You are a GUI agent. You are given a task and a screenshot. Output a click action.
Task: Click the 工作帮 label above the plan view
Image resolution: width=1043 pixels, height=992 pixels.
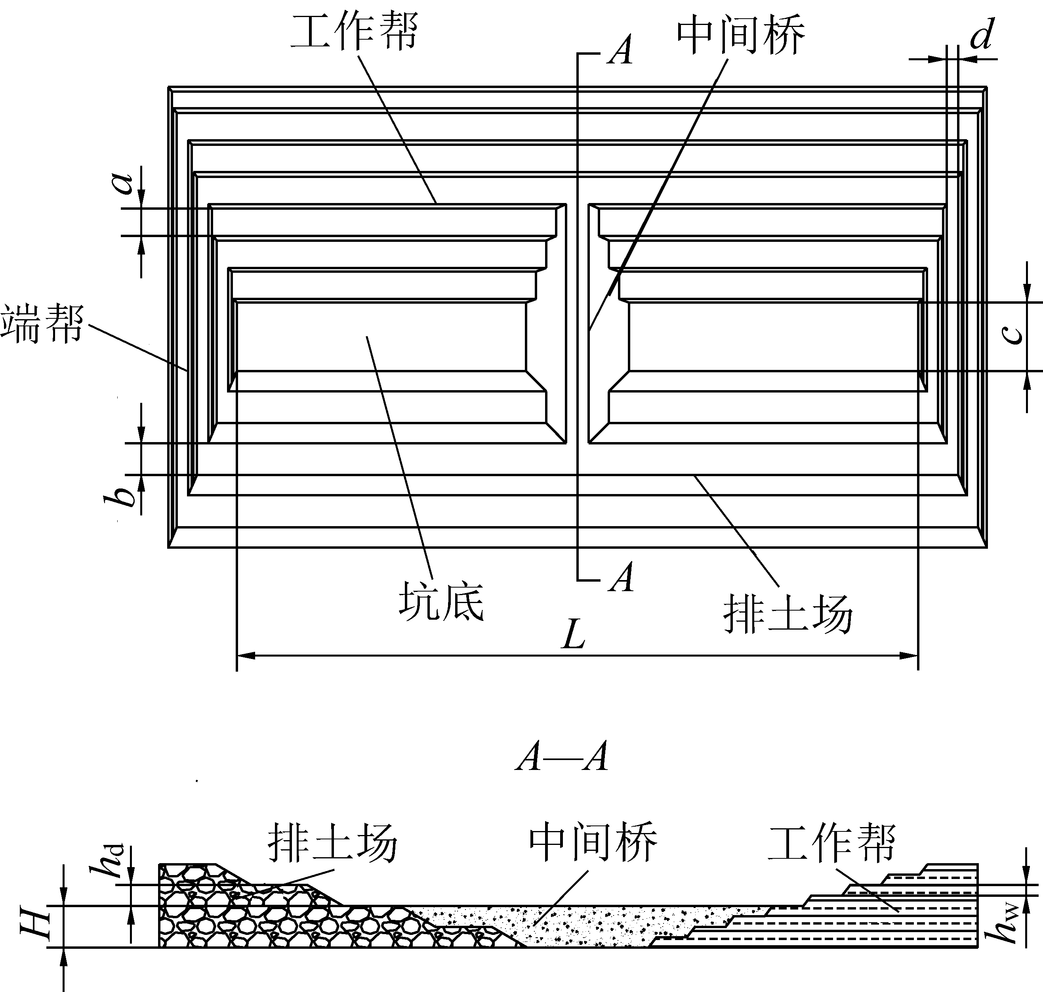[354, 32]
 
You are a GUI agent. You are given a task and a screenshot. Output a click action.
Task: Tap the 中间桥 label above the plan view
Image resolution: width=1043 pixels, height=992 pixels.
[741, 35]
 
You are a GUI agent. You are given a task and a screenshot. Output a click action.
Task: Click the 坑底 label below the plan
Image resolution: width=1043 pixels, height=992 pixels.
[441, 601]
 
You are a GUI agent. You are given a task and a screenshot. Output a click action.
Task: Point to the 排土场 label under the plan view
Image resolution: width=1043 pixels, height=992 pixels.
[788, 613]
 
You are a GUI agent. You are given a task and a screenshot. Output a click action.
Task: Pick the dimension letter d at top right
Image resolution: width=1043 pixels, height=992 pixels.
[982, 35]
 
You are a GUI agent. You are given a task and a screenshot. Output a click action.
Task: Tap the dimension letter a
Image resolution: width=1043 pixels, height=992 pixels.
[125, 183]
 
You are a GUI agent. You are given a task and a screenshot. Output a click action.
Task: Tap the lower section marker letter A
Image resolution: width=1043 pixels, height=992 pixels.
[621, 577]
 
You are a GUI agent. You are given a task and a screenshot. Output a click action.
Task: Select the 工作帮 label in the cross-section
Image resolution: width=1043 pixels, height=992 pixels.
[831, 843]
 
